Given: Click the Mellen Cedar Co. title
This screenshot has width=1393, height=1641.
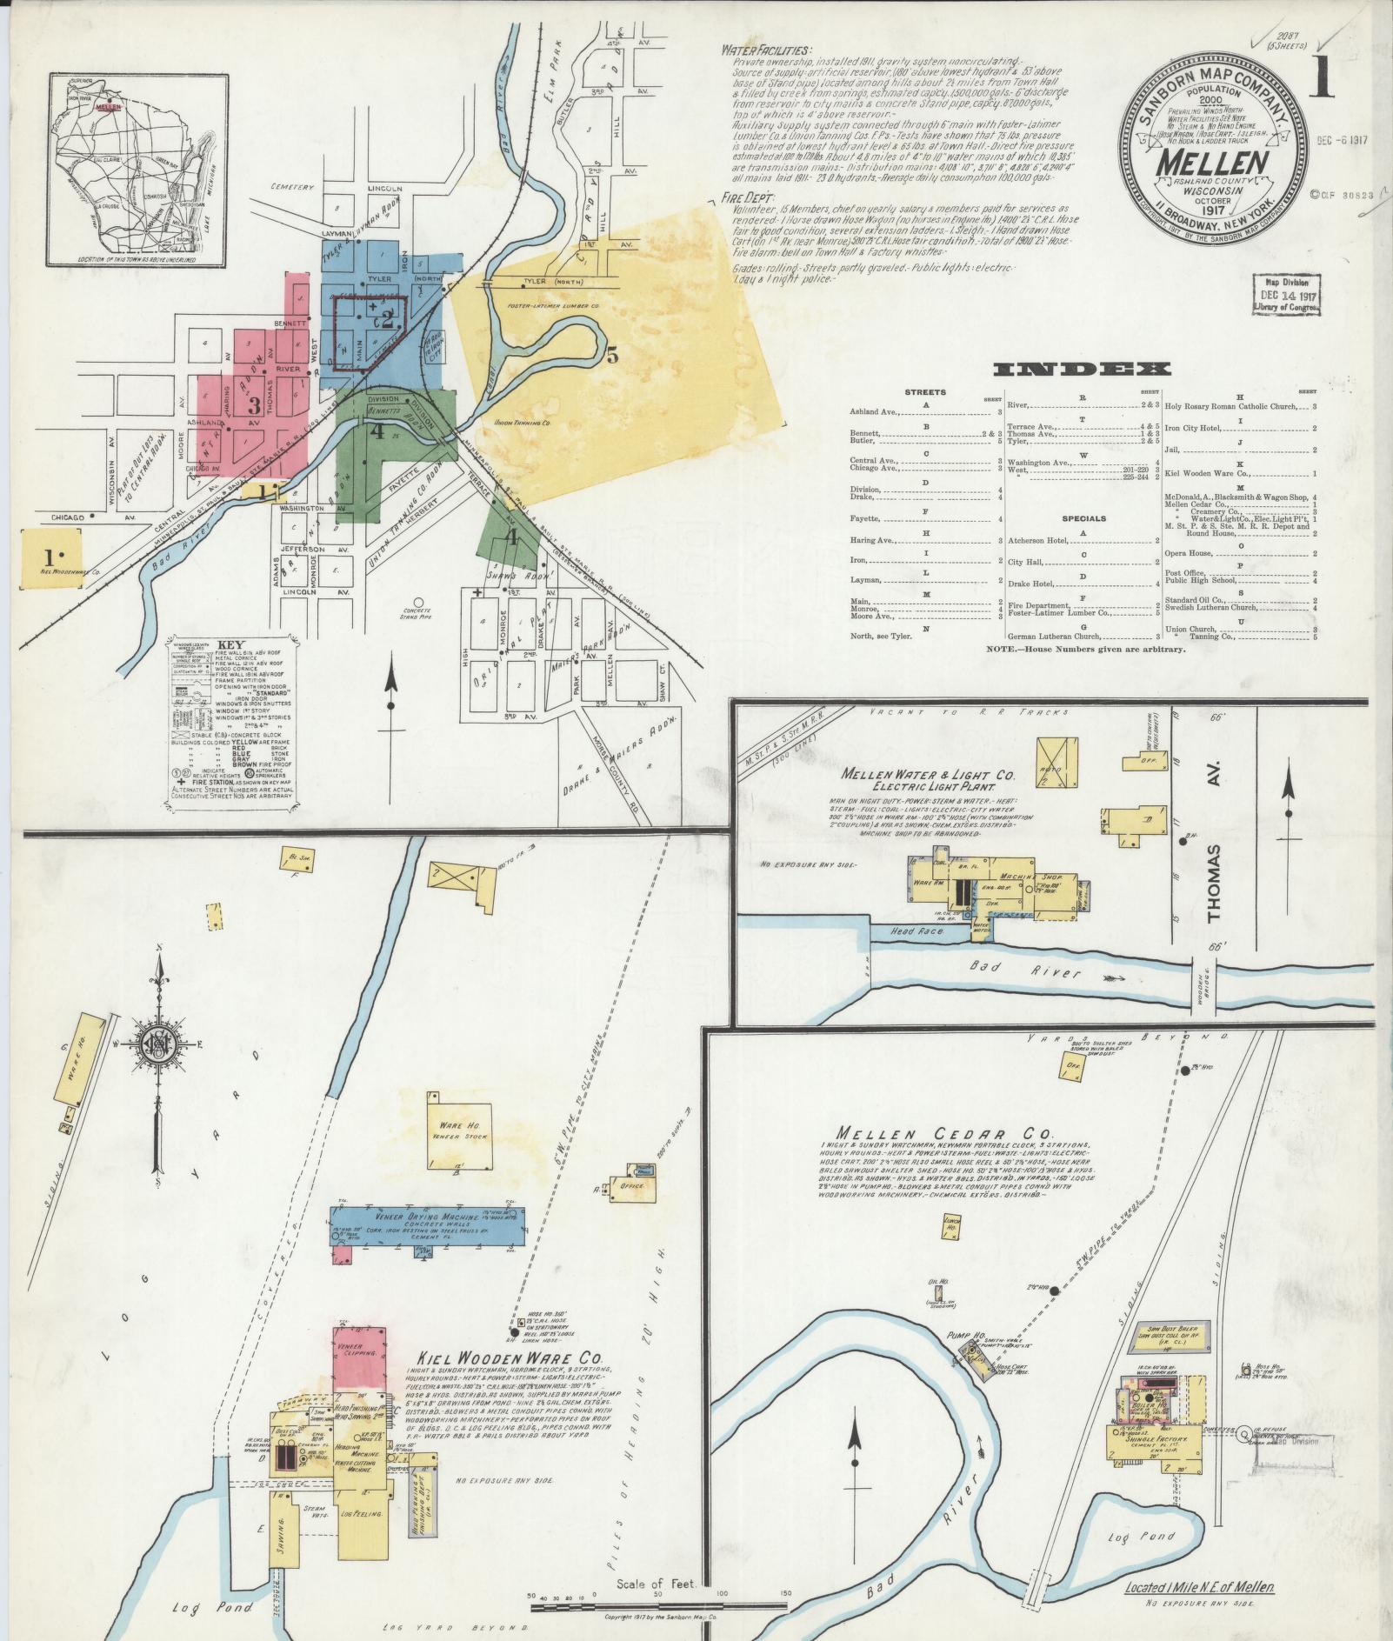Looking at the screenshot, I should point(944,1133).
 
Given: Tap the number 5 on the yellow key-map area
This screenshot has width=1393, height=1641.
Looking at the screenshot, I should point(612,355).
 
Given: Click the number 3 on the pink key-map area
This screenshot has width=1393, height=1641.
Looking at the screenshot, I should point(254,404).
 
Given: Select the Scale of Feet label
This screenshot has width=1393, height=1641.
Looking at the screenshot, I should point(657,1584).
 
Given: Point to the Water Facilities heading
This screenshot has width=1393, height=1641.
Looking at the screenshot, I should point(766,50).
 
